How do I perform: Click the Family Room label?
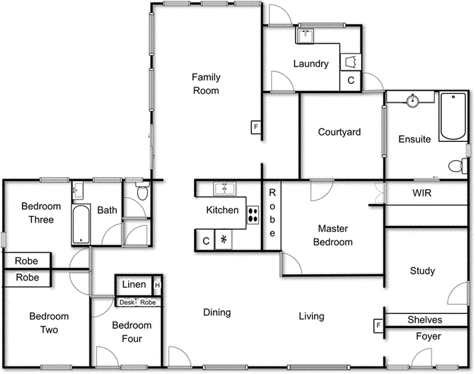[206, 84]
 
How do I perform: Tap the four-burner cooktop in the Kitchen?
[252, 215]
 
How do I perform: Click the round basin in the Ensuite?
[413, 100]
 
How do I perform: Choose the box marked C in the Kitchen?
[206, 241]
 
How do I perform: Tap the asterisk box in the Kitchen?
[223, 240]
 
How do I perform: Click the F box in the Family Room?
[255, 127]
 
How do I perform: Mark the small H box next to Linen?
[157, 285]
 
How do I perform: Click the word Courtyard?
[339, 132]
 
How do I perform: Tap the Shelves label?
[424, 319]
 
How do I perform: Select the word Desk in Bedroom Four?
[126, 302]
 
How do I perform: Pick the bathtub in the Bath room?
[81, 224]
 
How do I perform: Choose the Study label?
[422, 271]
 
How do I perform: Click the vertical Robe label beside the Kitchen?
[272, 213]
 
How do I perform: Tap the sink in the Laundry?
[305, 36]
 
